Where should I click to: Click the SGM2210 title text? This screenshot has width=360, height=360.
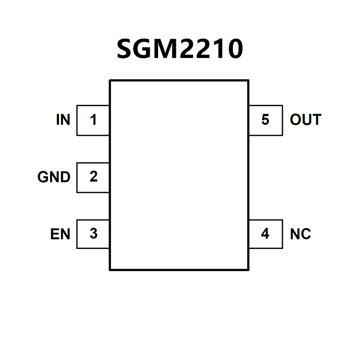coord(180,49)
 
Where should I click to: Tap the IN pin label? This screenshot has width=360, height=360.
coord(63,120)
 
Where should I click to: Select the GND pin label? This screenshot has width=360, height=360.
coord(54,177)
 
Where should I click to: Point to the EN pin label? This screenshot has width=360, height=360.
coord(60,234)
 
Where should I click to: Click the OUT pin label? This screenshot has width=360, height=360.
coord(306,120)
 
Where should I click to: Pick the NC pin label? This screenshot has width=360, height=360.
coord(300,234)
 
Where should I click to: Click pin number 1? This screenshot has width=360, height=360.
coord(93,120)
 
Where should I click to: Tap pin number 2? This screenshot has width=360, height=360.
coord(93,177)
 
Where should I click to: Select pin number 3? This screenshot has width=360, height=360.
coord(93,234)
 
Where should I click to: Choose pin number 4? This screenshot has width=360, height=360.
coord(265,234)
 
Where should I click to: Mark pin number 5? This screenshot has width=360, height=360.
coord(265,120)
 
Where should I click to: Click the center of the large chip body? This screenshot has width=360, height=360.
coord(179,175)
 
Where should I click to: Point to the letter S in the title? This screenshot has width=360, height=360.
coord(126,49)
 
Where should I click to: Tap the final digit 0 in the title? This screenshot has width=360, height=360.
coord(233,49)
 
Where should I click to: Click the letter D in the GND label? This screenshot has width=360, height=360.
coord(65,177)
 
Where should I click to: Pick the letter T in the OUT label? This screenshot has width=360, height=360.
coord(316,120)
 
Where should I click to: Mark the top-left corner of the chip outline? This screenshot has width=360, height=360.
coord(110,81)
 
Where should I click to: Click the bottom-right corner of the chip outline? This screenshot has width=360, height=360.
coord(248,269)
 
